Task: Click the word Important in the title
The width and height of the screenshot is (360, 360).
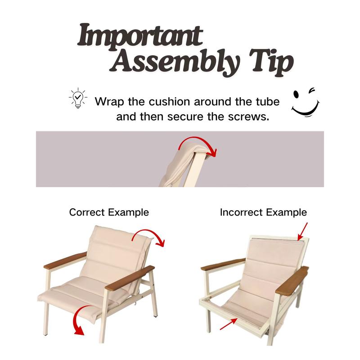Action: [140, 37]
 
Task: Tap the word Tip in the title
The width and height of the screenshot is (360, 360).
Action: [272, 63]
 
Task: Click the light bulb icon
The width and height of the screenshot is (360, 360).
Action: [78, 98]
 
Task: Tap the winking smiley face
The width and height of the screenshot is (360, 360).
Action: [306, 102]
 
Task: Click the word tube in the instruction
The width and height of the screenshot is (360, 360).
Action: [268, 102]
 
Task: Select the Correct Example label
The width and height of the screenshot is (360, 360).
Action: [109, 212]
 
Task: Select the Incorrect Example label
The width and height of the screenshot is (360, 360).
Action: [263, 212]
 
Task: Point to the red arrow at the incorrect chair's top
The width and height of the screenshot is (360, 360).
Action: [302, 232]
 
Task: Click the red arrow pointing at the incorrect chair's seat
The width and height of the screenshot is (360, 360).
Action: [229, 324]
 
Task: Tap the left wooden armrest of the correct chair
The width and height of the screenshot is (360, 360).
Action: [65, 261]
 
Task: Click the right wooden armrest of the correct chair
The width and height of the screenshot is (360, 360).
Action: [130, 278]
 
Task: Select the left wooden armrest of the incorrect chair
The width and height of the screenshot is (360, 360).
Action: [223, 264]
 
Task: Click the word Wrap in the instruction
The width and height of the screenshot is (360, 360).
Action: [109, 102]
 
